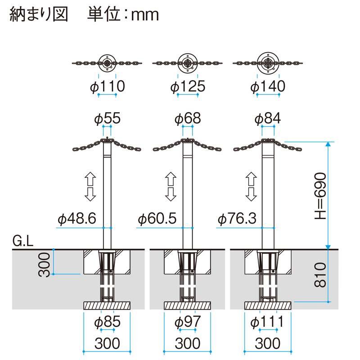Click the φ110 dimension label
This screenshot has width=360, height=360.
[x=108, y=86]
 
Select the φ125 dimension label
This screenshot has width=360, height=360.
[x=188, y=86]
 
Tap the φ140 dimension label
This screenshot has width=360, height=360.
[x=268, y=86]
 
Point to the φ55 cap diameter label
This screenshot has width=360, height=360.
[x=107, y=118]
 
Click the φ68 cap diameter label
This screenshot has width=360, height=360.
[x=188, y=118]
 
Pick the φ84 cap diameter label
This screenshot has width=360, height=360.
[x=268, y=118]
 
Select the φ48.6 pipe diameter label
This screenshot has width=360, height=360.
[x=77, y=218]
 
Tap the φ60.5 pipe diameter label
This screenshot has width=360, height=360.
[x=157, y=218]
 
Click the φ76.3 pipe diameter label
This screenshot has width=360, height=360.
[x=237, y=218]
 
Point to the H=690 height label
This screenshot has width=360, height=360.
[x=320, y=196]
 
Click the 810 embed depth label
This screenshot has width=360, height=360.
[x=320, y=275]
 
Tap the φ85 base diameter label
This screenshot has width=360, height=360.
[x=107, y=322]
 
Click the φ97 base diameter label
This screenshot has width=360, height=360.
[x=188, y=322]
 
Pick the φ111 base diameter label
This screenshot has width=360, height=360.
[x=267, y=322]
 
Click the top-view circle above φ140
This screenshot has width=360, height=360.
[x=268, y=63]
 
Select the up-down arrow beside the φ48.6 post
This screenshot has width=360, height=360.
[x=90, y=187]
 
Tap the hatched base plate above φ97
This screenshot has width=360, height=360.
[x=187, y=306]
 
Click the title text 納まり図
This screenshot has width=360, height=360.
[x=39, y=15]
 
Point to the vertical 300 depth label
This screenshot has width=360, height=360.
[x=44, y=265]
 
